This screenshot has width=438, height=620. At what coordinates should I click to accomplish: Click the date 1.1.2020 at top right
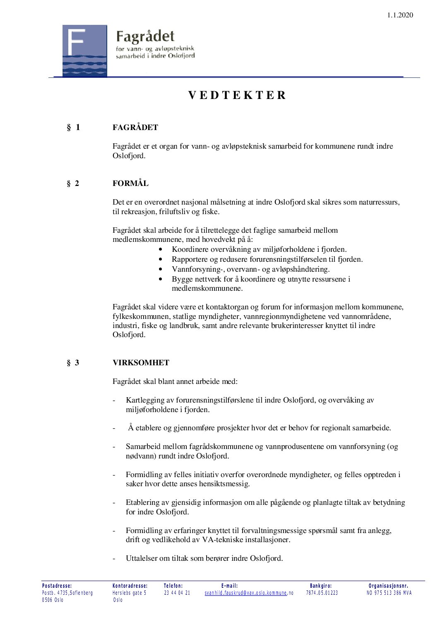[400, 15]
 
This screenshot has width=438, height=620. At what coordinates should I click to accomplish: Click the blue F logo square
[84, 51]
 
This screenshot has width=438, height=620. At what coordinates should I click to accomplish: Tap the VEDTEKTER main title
[237, 95]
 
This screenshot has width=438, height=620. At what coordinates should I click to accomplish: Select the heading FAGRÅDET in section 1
[135, 128]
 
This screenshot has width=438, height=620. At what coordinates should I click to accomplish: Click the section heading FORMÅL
[130, 183]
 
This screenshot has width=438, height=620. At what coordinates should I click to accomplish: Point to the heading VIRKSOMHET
[141, 363]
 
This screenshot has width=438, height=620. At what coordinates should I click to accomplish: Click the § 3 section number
[73, 363]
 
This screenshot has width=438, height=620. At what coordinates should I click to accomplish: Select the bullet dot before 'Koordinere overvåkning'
[161, 249]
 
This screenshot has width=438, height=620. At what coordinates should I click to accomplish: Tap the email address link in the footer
[246, 593]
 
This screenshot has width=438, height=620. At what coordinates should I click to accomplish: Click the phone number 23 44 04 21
[177, 593]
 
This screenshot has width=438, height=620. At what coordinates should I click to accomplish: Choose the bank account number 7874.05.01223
[322, 593]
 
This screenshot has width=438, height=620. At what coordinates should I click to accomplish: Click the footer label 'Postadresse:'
[57, 586]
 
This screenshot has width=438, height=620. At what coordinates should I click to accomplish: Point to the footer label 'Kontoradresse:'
[130, 586]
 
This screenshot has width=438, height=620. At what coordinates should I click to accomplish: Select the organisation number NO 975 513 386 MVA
[389, 593]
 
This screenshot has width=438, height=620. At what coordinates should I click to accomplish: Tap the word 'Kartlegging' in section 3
[145, 400]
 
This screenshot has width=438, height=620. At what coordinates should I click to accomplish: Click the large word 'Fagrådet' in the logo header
[145, 36]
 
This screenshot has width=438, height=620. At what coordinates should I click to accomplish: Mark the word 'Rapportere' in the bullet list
[190, 259]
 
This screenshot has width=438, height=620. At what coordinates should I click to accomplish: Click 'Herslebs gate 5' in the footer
[129, 593]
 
